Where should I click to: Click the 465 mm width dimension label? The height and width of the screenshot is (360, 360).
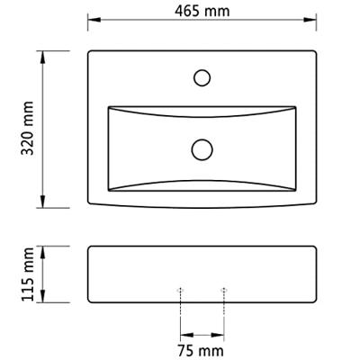[x=202, y=12]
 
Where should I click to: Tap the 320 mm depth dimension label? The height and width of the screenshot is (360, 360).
[x=28, y=128]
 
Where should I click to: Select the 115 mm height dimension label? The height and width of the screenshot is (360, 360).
[x=28, y=274]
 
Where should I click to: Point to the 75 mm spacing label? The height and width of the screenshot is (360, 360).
[x=201, y=350]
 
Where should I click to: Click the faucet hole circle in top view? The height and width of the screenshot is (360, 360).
[x=202, y=77]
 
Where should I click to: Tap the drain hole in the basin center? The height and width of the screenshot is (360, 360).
[x=202, y=149]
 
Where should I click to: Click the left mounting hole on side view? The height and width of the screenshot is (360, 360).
[x=180, y=290]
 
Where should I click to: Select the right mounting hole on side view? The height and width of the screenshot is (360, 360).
[x=223, y=290]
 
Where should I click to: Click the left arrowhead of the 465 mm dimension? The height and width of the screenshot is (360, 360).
[x=94, y=20]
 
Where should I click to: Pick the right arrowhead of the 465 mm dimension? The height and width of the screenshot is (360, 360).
[x=310, y=20]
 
